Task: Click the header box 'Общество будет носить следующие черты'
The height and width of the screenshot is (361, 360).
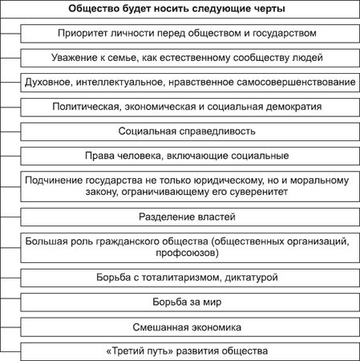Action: tap(180, 9)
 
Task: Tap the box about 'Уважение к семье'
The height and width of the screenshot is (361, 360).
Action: tap(188, 58)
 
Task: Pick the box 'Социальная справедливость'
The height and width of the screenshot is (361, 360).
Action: tap(188, 130)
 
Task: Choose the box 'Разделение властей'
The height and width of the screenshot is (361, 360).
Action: tap(188, 217)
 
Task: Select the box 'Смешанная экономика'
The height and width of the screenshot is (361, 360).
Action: tap(188, 327)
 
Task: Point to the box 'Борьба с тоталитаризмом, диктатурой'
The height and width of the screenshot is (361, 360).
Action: tap(188, 278)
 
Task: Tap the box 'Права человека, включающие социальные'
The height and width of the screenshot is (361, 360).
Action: tap(188, 155)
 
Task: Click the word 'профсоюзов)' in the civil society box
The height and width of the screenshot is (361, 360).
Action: tap(189, 253)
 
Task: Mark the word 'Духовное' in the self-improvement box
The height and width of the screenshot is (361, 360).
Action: tap(51, 82)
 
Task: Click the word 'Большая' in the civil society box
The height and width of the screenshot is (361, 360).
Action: tap(47, 240)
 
